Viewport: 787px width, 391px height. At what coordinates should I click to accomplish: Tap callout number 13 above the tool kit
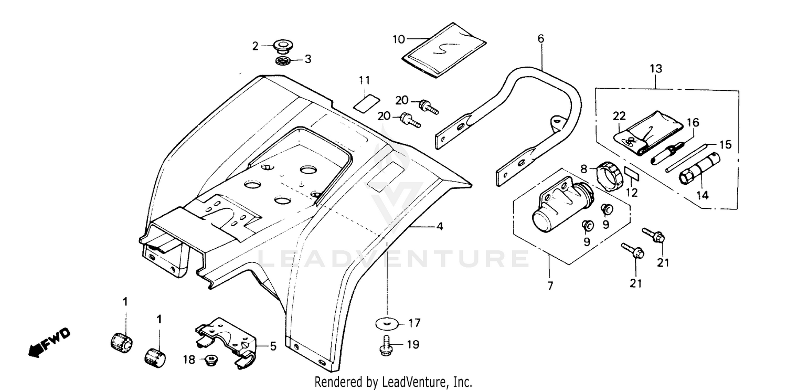[x=656, y=69]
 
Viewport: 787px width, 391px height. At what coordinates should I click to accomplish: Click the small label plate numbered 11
[x=366, y=102]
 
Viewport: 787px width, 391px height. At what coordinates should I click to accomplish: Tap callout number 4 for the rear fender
[x=440, y=227]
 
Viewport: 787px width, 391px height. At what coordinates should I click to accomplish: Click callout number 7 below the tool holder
[x=550, y=287]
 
